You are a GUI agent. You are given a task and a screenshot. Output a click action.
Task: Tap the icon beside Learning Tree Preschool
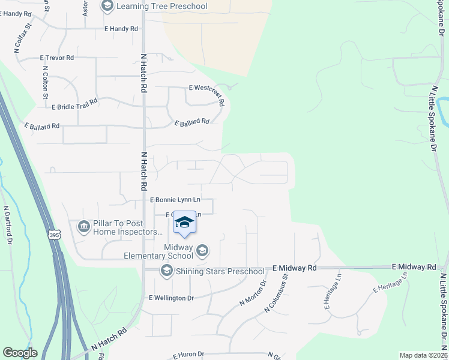point(107,7)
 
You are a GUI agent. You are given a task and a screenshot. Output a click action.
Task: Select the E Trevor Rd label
point(56,58)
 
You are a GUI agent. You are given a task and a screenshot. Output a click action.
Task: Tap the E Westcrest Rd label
point(206,94)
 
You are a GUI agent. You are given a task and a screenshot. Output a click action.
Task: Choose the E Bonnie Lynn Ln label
point(175,199)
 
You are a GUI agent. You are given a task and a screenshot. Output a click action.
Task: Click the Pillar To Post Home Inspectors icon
point(83,227)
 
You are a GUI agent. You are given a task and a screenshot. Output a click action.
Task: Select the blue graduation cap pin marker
point(185,223)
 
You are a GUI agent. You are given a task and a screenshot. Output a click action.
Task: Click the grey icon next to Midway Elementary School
point(203,250)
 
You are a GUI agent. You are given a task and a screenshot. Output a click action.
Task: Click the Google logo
point(20,353)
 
